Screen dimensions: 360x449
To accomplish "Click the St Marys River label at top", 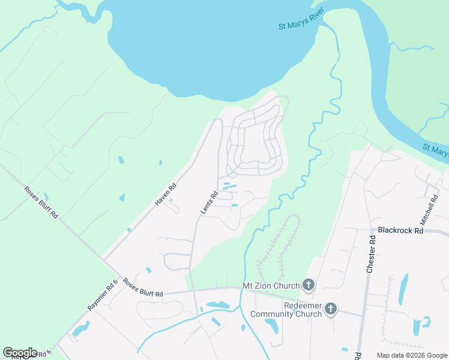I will (301, 19).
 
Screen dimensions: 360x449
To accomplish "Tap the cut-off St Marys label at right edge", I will (435, 150).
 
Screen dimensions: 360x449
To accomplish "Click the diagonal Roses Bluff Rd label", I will (41, 202).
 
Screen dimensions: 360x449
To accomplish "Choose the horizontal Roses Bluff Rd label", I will (143, 287).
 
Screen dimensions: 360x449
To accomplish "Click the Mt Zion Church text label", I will (270, 286).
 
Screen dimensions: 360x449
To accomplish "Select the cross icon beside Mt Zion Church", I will (309, 285).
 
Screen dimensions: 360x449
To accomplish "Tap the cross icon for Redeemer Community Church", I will (330, 310).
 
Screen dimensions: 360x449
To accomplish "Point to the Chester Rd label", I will (372, 255).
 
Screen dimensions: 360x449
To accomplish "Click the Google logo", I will (20, 352).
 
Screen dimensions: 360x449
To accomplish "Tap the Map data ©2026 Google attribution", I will (411, 355).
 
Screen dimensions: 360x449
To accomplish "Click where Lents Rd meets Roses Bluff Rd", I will (193, 291).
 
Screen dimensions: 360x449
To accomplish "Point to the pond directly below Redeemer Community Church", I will (271, 326).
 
